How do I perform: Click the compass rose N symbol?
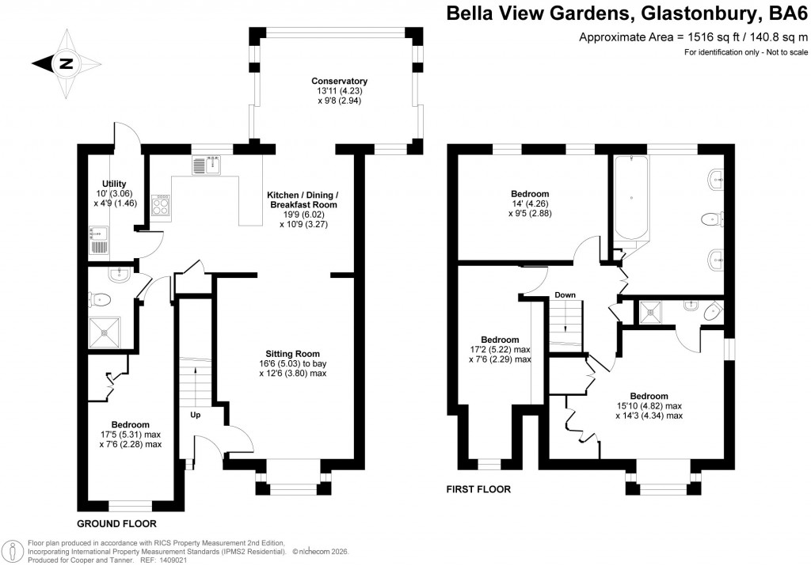click(67, 64)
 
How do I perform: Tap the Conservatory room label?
click(339, 82)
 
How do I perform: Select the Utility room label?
click(109, 184)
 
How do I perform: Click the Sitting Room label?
click(292, 353)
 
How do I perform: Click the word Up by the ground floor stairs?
click(195, 414)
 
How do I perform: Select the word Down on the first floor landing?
click(565, 295)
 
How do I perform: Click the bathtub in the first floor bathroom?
click(630, 198)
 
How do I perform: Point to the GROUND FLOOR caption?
click(116, 524)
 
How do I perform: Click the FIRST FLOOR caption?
click(478, 489)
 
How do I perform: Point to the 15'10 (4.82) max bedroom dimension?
click(649, 406)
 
